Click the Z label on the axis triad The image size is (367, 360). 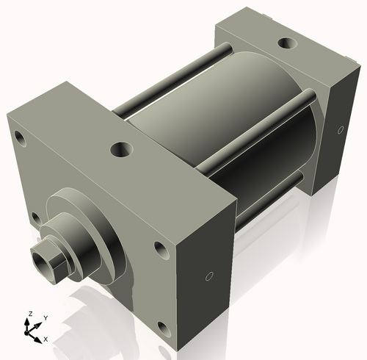[x=29, y=314]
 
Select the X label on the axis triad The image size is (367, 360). [x=46, y=339]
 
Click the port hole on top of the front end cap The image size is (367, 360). [x=120, y=150]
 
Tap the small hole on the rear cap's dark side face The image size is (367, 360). [x=339, y=130]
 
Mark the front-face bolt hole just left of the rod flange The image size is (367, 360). [x=35, y=218]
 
